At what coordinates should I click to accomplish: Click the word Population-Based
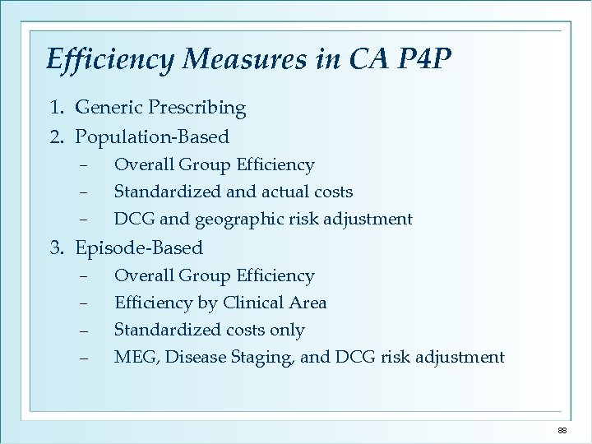[152, 136]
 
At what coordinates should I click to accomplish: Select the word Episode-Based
[139, 247]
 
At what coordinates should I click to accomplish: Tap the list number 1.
[54, 108]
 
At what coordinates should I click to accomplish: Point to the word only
[287, 331]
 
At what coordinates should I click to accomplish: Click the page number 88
[562, 431]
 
